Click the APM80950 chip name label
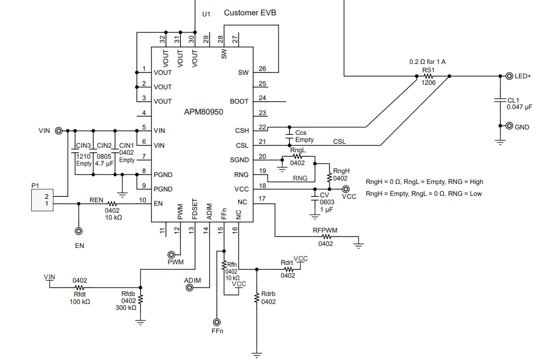(204, 112)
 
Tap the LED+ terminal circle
(509, 76)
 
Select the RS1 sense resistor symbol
(428, 77)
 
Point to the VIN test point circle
(58, 131)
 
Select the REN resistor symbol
(112, 203)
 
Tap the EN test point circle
(78, 231)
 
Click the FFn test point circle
(217, 321)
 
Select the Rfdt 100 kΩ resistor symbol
(79, 287)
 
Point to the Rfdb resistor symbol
(141, 300)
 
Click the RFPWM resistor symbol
(326, 237)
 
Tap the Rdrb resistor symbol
(257, 298)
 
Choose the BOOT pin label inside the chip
(239, 101)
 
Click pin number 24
(263, 98)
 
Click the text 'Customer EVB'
(250, 13)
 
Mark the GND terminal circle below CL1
(509, 126)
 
